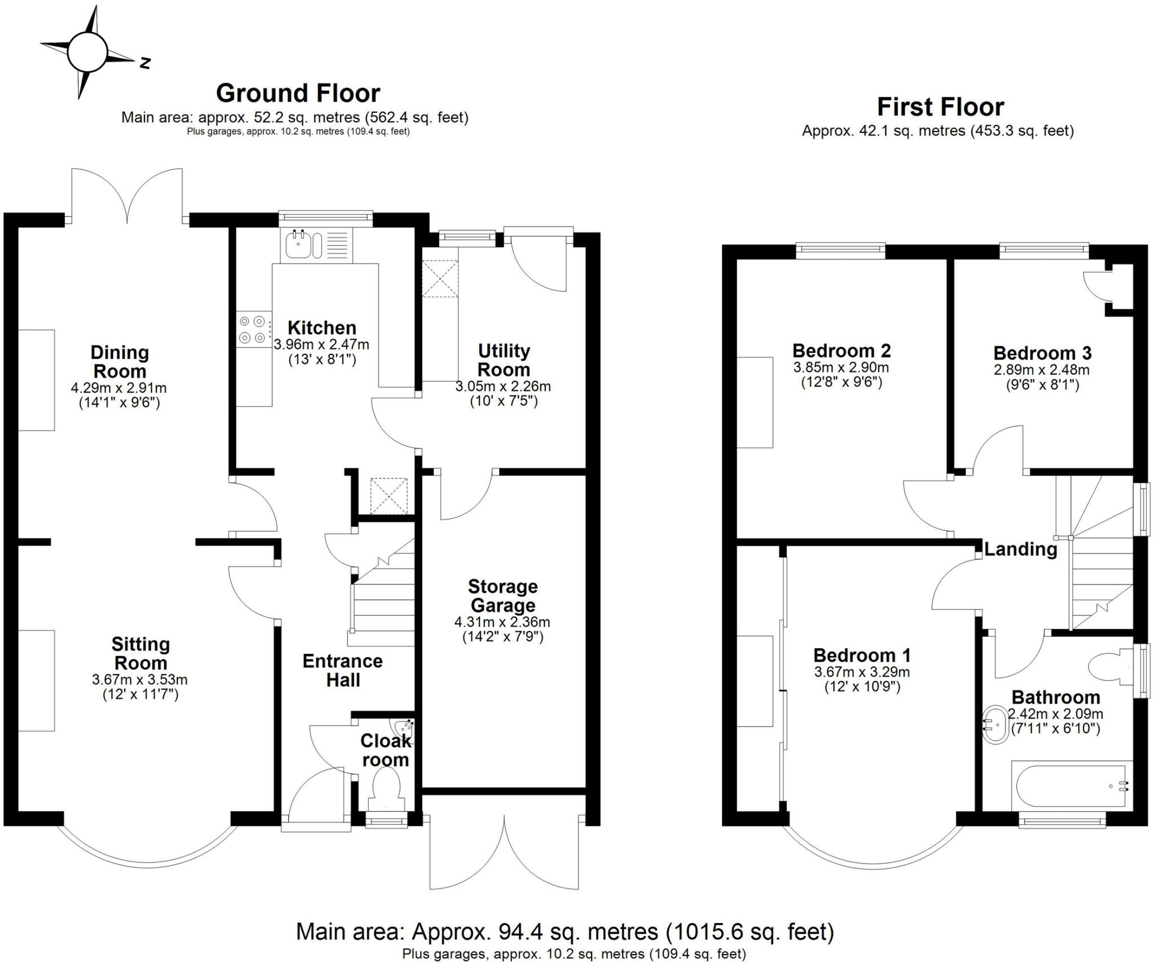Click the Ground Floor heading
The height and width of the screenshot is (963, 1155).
298,94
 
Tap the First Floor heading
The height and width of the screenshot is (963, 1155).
940,107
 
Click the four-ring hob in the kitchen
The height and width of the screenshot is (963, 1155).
252,329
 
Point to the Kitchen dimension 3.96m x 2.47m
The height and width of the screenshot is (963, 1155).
321,344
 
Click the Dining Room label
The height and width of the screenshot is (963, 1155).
120,362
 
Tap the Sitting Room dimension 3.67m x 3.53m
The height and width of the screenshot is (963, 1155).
140,680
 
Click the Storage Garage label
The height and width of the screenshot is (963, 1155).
502,596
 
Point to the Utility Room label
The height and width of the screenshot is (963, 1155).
504,360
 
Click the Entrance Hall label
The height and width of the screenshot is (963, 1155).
342,670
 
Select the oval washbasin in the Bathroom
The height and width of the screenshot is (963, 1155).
996,723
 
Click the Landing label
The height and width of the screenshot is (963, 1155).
1020,549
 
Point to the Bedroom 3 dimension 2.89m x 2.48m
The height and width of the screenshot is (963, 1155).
1042,370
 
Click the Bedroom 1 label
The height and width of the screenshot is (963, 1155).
862,655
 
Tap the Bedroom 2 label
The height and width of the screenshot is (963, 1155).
841,350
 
